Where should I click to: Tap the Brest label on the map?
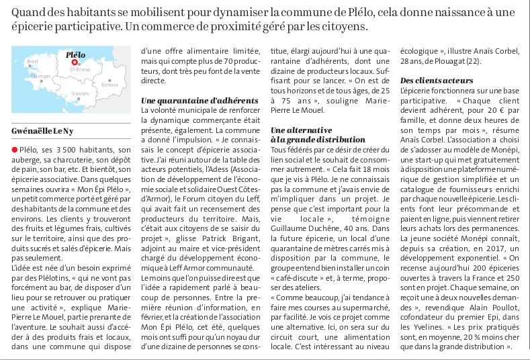tap(32, 61)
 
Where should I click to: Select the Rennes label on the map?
tap(109, 84)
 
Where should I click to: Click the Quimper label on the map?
tap(41, 76)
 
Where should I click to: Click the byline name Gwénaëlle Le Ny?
tap(43, 130)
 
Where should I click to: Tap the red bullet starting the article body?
tap(15, 150)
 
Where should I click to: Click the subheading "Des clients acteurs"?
tap(437, 81)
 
